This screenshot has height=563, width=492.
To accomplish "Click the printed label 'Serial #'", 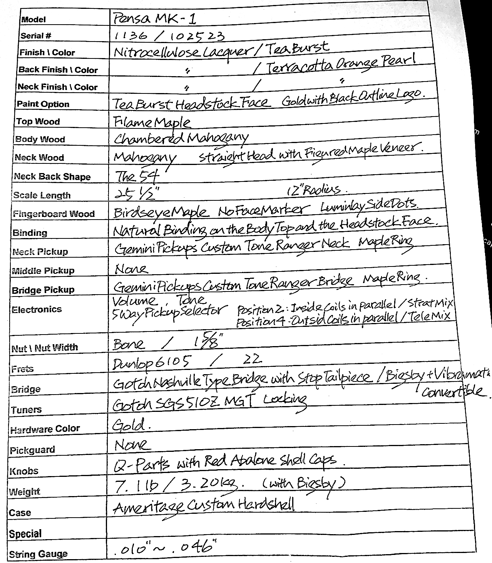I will [x=36, y=36].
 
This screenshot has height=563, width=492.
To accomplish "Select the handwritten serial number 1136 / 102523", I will [x=169, y=36].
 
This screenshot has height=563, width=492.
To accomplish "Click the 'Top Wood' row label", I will [x=38, y=122].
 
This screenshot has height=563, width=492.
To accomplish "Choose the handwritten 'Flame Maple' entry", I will [x=152, y=122].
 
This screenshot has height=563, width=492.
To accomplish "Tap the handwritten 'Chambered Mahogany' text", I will [x=181, y=138].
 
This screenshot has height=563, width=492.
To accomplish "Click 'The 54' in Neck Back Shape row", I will [x=137, y=176].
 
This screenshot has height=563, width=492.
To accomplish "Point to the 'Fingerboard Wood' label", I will [x=54, y=214].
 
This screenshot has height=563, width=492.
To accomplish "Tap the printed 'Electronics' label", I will [x=37, y=310].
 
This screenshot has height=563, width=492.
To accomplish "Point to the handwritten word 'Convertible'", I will [x=452, y=391].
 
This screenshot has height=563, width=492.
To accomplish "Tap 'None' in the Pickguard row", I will [x=131, y=445].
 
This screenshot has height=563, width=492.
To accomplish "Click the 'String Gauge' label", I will [x=38, y=554].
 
